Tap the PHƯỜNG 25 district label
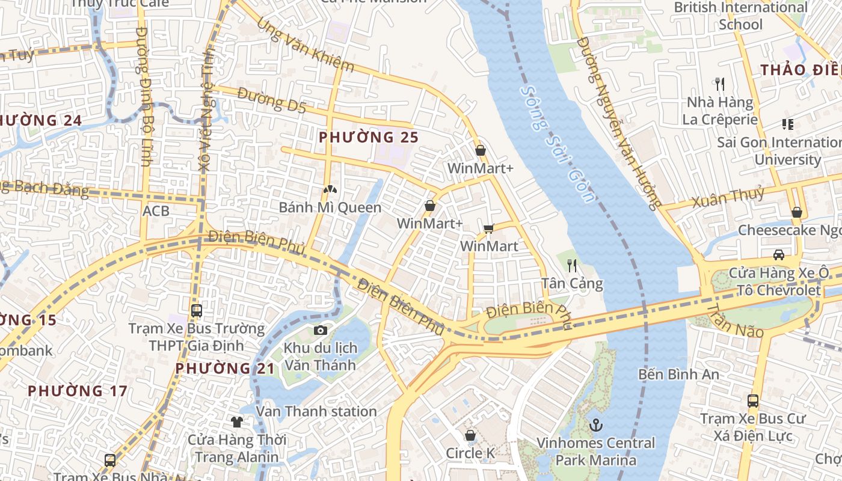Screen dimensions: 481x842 (x=369, y=137)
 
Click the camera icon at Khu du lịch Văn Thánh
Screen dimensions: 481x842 (x=321, y=330)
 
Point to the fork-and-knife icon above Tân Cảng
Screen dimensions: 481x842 (x=572, y=265)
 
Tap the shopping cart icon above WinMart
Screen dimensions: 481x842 (x=488, y=228)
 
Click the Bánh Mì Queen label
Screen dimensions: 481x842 (x=330, y=207)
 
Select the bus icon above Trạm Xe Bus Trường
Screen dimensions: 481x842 (x=197, y=311)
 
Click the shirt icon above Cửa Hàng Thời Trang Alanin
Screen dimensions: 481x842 (x=237, y=421)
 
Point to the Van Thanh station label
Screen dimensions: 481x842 (x=316, y=412)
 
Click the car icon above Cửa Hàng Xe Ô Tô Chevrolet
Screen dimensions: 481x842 (x=779, y=254)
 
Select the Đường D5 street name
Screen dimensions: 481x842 (x=271, y=100)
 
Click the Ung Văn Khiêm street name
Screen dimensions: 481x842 (x=305, y=46)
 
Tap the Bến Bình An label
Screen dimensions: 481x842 (x=678, y=374)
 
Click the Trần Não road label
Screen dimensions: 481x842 (x=735, y=321)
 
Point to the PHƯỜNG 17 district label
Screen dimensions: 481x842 (x=78, y=391)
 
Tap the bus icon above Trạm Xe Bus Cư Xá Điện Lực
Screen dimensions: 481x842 (x=752, y=400)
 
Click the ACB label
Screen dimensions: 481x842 (x=156, y=212)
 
